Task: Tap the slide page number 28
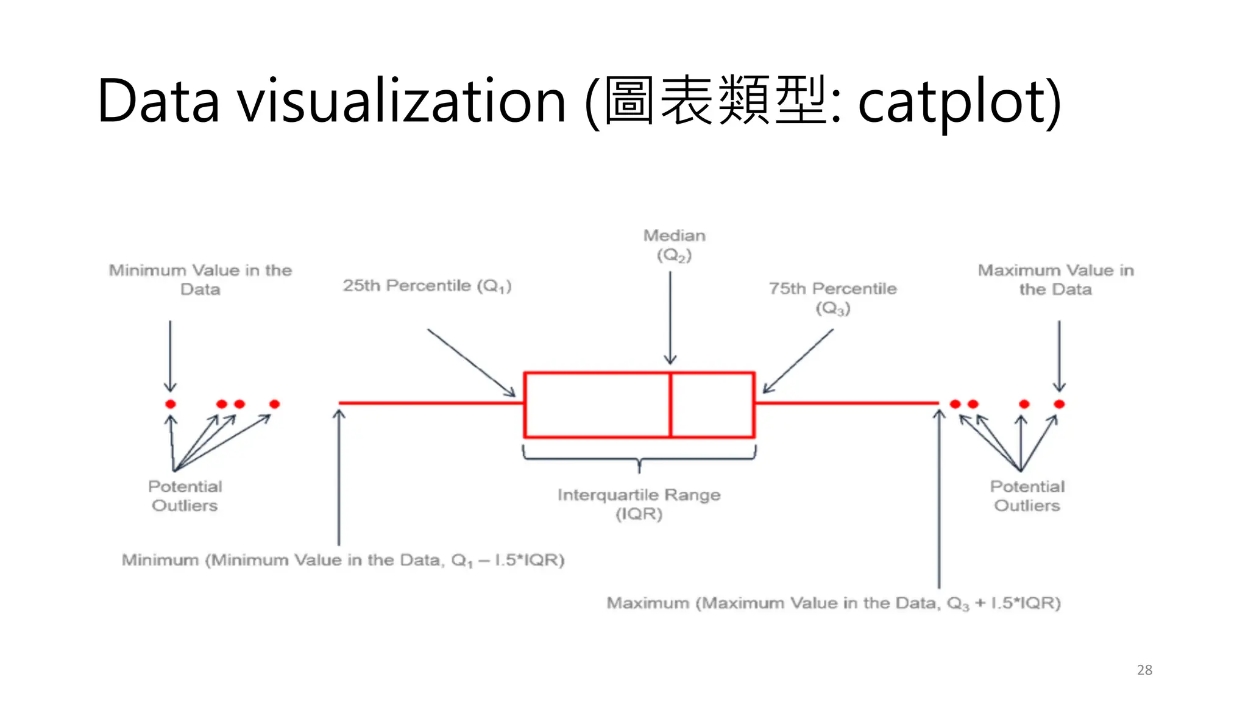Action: click(1144, 670)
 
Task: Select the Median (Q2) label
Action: click(674, 245)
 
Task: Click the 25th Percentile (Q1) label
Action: click(427, 286)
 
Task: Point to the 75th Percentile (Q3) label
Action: click(832, 298)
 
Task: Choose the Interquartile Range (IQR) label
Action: click(639, 504)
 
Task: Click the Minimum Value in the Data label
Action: click(200, 280)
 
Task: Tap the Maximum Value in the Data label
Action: click(1055, 280)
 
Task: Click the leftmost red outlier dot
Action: click(171, 404)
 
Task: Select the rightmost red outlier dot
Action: click(1059, 404)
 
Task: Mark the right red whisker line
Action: click(847, 403)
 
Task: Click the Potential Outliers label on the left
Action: click(185, 496)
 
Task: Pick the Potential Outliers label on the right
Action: click(1027, 496)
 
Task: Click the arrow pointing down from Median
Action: click(670, 317)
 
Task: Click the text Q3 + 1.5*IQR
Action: click(1003, 603)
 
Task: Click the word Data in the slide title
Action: click(158, 101)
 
